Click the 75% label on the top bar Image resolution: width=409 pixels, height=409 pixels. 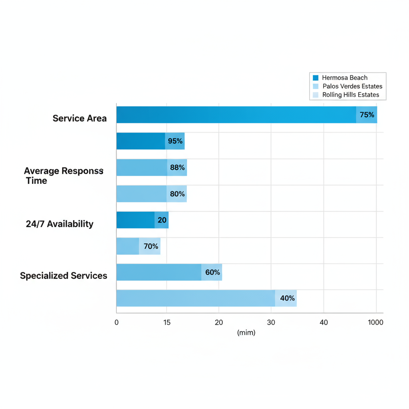click(x=367, y=115)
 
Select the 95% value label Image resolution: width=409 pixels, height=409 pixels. click(x=175, y=141)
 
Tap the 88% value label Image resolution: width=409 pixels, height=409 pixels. click(x=177, y=168)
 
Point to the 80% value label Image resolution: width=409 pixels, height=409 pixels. click(x=177, y=194)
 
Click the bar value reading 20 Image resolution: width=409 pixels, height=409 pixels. click(x=162, y=220)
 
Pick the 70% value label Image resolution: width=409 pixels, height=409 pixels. click(x=151, y=246)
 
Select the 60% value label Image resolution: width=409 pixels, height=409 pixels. click(x=212, y=272)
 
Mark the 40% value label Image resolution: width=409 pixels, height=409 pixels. click(x=287, y=298)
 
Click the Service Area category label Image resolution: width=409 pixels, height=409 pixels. click(x=79, y=118)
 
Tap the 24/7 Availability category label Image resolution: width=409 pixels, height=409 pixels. click(x=60, y=224)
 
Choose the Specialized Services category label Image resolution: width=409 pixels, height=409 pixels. click(x=64, y=276)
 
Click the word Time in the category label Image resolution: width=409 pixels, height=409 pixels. click(x=36, y=181)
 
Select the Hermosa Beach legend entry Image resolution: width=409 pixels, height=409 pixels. click(x=344, y=78)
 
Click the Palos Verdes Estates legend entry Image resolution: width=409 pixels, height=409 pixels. click(x=352, y=86)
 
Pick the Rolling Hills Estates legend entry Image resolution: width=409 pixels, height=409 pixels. click(x=350, y=95)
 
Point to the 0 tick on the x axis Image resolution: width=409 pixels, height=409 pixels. click(x=116, y=322)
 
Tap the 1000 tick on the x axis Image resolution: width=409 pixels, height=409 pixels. click(x=375, y=322)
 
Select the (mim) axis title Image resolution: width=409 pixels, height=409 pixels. click(x=246, y=332)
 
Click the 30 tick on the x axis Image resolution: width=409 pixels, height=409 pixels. click(x=271, y=322)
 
